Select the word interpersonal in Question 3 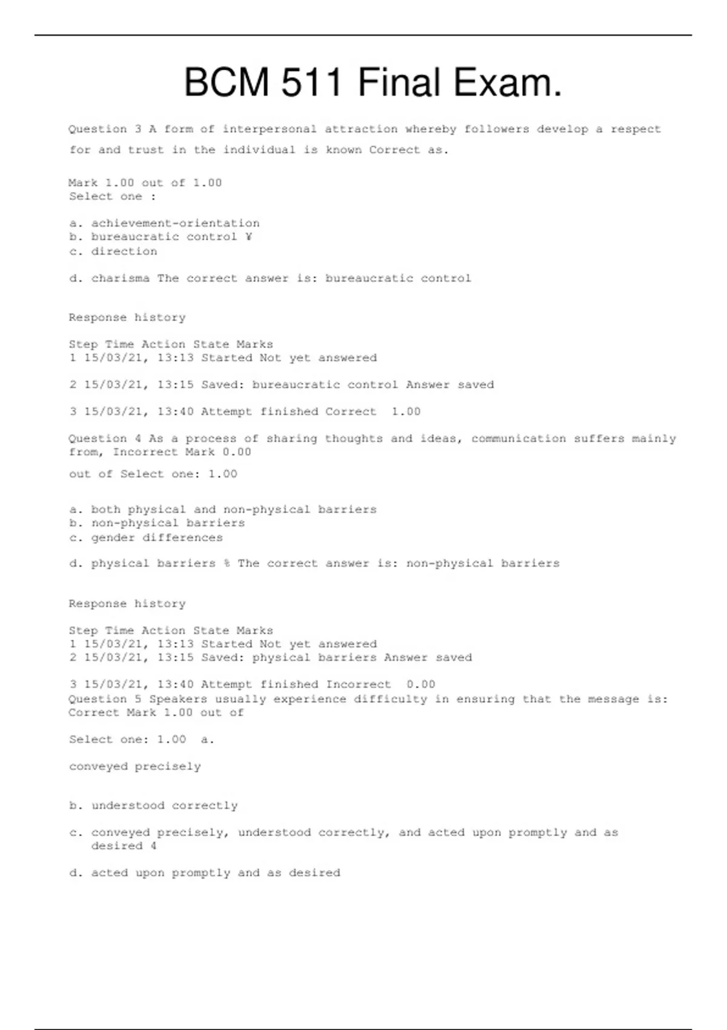coord(270,129)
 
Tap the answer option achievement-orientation coord(175,224)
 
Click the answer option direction coord(124,251)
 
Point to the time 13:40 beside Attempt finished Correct coord(175,412)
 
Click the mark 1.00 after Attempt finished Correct coord(406,412)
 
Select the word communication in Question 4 coord(519,439)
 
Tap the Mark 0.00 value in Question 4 coord(236,452)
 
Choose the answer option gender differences coord(157,538)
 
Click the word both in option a coord(105,510)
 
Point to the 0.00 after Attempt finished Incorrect coord(421,685)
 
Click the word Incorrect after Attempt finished coord(358,685)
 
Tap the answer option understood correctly coord(164,806)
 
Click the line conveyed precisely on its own coord(134,766)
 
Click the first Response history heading coord(127,317)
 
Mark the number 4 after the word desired coord(153,846)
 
